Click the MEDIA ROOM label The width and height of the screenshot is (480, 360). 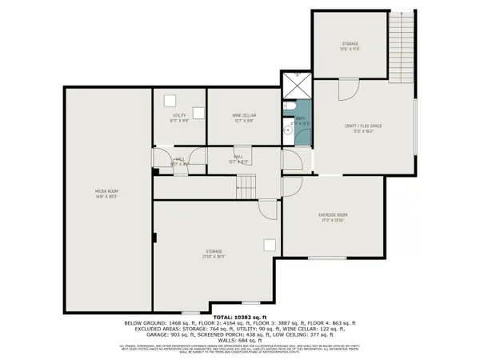[107, 192]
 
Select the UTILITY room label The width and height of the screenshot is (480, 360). [178, 117]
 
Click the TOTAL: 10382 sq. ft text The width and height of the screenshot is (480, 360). [240, 317]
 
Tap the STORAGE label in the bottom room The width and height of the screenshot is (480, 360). [212, 252]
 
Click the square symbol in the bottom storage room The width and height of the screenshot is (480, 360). [270, 246]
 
